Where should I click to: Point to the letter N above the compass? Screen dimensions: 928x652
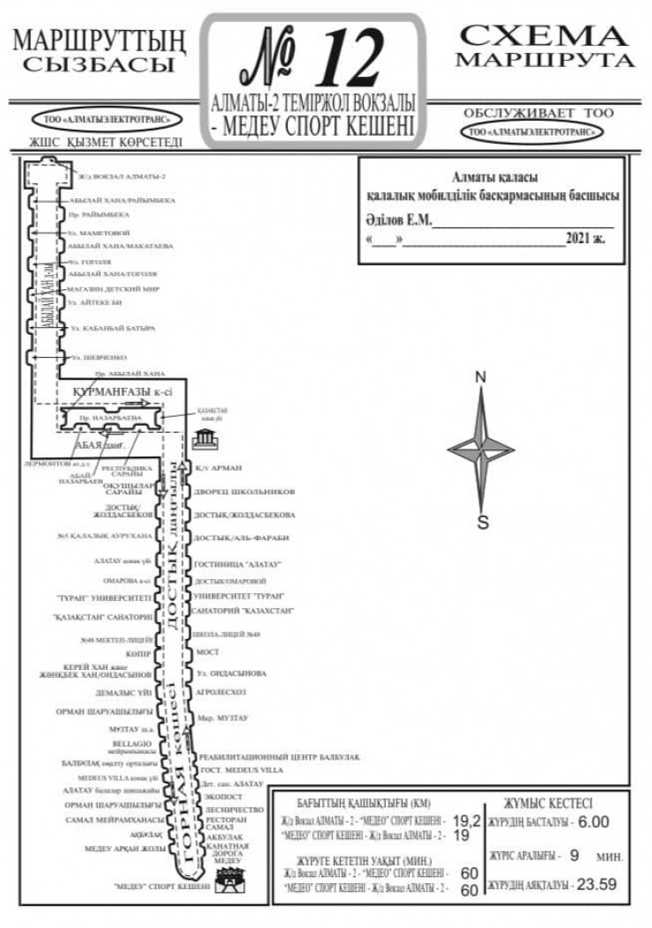(x=481, y=378)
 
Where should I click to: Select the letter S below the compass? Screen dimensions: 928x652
(x=482, y=522)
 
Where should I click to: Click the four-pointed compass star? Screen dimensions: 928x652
(x=481, y=449)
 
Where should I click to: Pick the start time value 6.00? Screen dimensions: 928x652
(x=594, y=821)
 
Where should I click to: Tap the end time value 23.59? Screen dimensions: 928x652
(x=596, y=884)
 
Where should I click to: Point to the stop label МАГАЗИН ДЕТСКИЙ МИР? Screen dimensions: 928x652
(x=112, y=288)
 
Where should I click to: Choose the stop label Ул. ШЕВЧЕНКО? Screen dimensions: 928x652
(x=98, y=357)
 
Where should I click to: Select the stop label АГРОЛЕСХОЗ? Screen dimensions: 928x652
(x=221, y=692)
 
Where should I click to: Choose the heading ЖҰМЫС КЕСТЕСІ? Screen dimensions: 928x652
(x=548, y=803)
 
